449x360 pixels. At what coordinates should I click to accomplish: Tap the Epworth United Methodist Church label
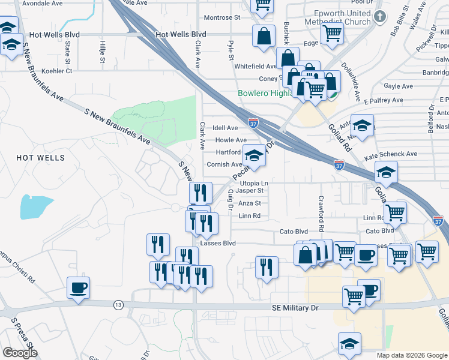pos(335,17)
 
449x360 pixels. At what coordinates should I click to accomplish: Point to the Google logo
pos(20,353)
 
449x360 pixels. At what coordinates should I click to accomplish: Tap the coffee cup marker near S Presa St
pos(78,289)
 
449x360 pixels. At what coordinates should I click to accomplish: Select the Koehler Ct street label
pos(57,71)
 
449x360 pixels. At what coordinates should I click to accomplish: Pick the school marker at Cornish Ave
pos(254,155)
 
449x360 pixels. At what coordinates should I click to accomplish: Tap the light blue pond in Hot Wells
pos(37,206)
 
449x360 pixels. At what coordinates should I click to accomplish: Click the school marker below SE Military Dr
pos(349,344)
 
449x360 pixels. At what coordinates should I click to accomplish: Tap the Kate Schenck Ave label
pos(391,154)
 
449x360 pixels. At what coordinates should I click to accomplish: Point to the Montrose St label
pos(221,18)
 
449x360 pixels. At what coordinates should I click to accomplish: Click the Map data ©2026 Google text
pos(411,355)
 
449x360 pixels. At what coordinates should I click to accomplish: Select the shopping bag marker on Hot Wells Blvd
pos(264,37)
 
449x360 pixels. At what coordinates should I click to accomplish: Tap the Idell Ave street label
pos(225,128)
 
